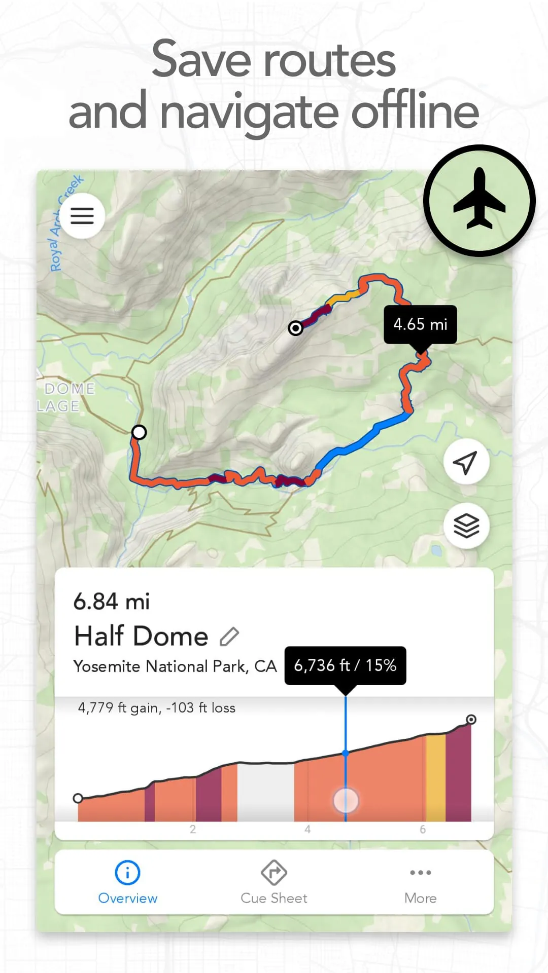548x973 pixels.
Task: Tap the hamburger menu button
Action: tap(82, 216)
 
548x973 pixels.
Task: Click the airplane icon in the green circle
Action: tap(479, 200)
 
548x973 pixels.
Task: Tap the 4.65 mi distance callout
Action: tap(420, 324)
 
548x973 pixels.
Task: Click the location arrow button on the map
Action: tap(466, 462)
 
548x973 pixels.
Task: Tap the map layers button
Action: tap(466, 526)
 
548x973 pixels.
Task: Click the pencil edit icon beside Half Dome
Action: tap(229, 637)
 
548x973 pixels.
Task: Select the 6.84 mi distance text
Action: tap(112, 602)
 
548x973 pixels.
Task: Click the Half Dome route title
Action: tap(142, 637)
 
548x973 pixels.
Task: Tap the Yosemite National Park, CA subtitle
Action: tap(175, 666)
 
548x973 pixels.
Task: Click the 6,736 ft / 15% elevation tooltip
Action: tap(345, 665)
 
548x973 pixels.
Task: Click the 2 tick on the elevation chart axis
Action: tap(193, 830)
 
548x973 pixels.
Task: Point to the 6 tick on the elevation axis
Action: tap(423, 830)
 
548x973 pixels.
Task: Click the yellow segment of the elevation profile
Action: tap(435, 780)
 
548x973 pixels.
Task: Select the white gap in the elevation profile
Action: tap(265, 793)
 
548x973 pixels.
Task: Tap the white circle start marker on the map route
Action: tap(139, 432)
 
